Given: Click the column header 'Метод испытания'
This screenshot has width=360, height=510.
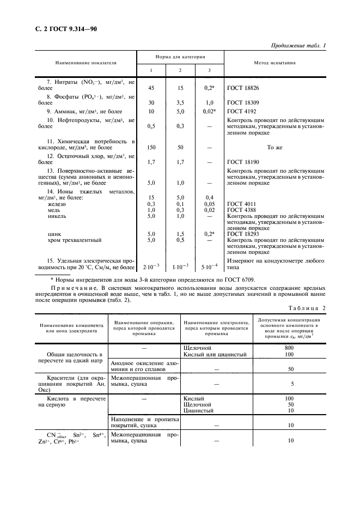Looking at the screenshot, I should click(275, 63).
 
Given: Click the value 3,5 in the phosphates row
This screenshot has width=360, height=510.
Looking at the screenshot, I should click(180, 102).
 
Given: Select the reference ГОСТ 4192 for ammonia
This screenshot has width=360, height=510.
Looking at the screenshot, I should click(244, 111).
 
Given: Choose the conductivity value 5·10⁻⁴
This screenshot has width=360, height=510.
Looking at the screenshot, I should click(210, 267).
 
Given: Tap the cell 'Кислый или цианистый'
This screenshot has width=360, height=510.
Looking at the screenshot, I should click(216, 354).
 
